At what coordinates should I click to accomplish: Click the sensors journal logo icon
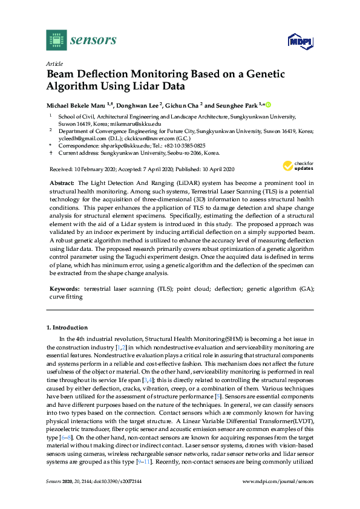click(x=56, y=40)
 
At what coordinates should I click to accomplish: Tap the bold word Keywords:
click(x=65, y=290)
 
